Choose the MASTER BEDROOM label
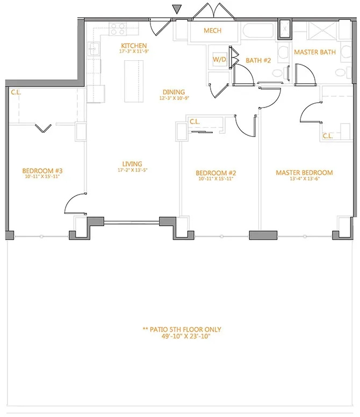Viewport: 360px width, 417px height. point(304,172)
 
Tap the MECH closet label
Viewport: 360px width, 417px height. point(212,31)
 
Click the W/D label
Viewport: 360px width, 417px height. point(219,60)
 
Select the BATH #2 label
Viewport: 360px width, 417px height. point(258,60)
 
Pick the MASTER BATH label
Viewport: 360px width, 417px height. point(315,52)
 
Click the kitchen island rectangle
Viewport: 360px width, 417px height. point(134,81)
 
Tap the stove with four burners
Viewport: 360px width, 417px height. point(118,28)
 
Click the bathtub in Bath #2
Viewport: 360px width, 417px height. point(256,30)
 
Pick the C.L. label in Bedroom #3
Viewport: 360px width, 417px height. point(16,92)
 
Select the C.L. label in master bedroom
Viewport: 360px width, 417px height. point(328,136)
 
